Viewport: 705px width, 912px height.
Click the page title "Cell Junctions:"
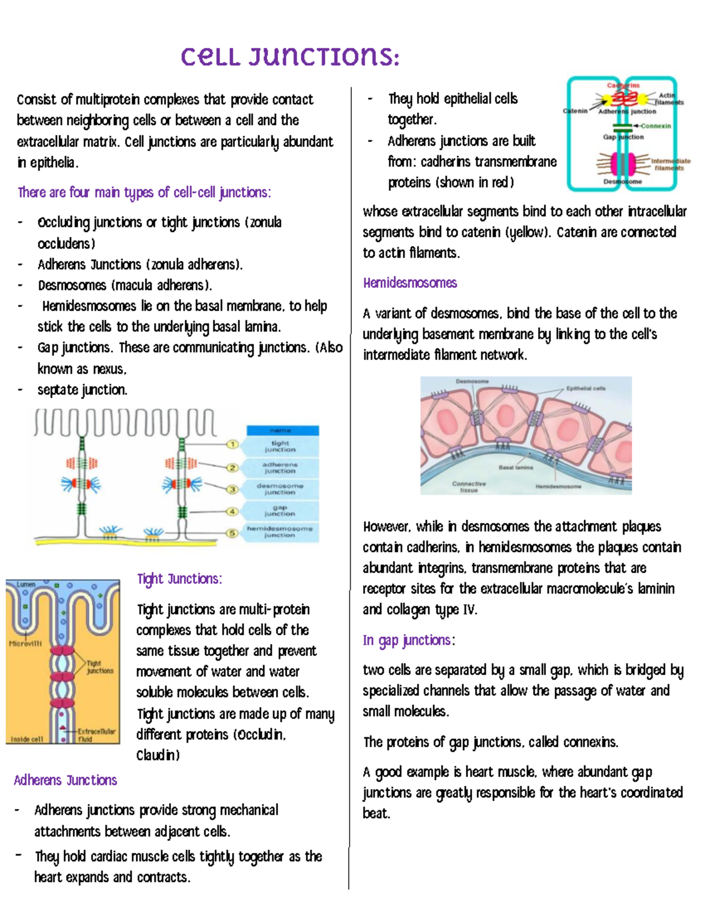[290, 57]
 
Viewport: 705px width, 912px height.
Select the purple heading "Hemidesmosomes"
[409, 283]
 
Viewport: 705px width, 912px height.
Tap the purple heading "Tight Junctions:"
[179, 579]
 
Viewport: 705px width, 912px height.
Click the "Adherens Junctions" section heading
[65, 780]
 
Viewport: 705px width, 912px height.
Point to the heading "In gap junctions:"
[408, 640]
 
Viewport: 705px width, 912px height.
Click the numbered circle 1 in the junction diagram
[233, 445]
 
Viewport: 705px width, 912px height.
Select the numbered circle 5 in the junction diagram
[233, 533]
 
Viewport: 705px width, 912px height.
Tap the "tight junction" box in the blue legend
[280, 446]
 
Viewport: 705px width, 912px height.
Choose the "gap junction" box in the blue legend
[280, 510]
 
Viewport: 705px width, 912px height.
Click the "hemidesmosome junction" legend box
[280, 532]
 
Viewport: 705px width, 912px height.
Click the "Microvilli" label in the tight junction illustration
[25, 644]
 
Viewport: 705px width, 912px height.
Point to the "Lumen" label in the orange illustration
[26, 585]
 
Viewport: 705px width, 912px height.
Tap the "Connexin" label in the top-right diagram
[656, 126]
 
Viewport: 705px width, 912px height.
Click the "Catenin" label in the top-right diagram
[575, 111]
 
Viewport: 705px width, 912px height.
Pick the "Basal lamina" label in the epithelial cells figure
[515, 467]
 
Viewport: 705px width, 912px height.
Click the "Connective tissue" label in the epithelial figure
[469, 487]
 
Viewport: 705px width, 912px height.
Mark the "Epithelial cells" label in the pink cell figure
[586, 388]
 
